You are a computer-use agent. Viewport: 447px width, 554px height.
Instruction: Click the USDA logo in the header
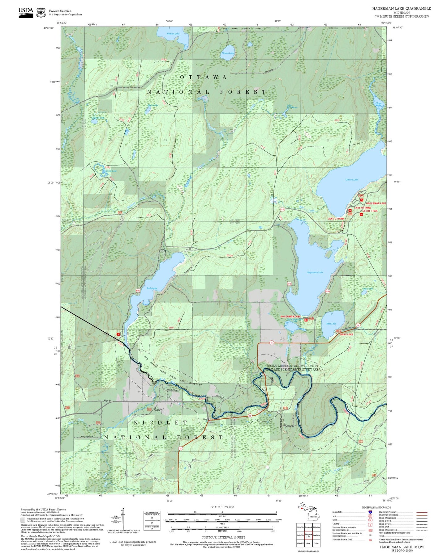(26, 12)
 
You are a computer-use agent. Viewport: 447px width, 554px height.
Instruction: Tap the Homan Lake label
(173, 34)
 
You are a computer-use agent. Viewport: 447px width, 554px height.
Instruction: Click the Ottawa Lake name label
(352, 180)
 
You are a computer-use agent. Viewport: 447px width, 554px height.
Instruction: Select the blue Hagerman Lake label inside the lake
(315, 272)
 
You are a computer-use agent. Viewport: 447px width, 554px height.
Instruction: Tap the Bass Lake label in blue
(331, 324)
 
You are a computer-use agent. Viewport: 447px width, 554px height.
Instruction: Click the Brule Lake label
(152, 288)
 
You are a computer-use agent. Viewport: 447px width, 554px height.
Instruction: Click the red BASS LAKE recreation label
(346, 334)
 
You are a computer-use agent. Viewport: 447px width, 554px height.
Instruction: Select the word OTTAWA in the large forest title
(203, 77)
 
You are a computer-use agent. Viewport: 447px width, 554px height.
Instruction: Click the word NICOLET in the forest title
(160, 422)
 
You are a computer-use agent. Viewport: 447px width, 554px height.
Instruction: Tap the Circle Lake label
(111, 171)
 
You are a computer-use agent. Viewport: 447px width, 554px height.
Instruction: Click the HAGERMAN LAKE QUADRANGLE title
(402, 8)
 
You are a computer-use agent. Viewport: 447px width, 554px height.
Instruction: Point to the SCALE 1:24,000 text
(222, 507)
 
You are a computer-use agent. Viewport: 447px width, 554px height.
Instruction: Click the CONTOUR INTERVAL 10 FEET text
(223, 537)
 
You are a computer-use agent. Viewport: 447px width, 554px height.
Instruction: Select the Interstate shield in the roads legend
(370, 512)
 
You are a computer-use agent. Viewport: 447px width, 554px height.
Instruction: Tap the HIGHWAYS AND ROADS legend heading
(376, 507)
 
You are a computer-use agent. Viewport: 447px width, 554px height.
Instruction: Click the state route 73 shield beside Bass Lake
(358, 325)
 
